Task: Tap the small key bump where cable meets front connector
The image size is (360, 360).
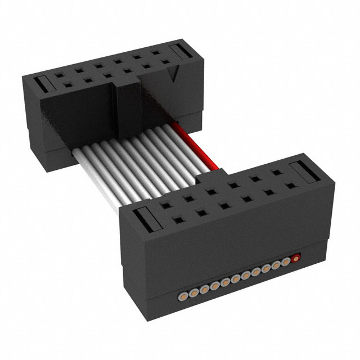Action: pos(206,177)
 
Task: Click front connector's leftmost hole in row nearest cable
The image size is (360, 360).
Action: pos(164,206)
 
